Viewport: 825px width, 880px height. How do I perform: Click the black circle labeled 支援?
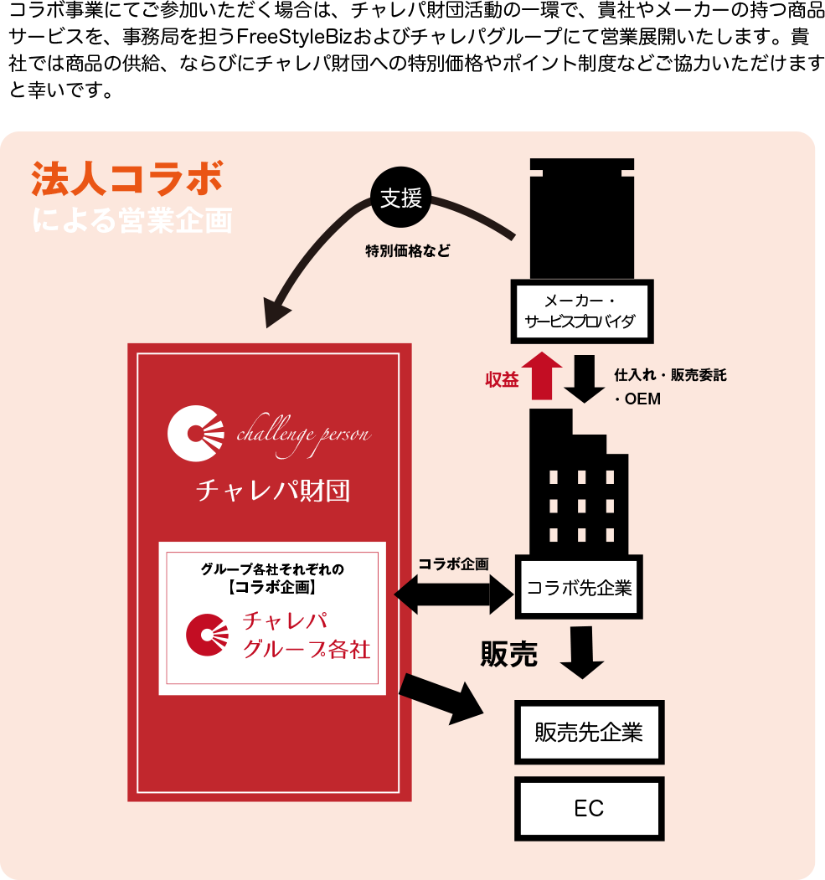click(400, 198)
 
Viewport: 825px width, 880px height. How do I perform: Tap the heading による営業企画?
click(131, 220)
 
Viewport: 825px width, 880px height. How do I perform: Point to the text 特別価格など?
click(407, 250)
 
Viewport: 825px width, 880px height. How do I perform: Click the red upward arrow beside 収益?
click(541, 375)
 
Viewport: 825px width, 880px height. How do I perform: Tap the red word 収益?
click(502, 379)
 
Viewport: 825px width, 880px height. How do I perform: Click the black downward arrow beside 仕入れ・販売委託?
click(584, 378)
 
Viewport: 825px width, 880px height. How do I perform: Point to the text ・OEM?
click(637, 399)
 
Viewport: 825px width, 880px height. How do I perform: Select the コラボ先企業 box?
click(579, 587)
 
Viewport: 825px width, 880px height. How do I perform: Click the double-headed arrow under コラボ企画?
click(453, 594)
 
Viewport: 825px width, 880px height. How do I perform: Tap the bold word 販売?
click(508, 654)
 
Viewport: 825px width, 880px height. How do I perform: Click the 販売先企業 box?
click(589, 732)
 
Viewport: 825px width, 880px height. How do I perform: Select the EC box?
click(589, 808)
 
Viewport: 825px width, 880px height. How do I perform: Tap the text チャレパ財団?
click(272, 491)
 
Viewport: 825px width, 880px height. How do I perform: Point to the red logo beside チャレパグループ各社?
click(207, 635)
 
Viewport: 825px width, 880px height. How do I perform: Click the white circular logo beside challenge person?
click(196, 433)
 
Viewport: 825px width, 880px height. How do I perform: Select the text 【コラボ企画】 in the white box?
click(272, 587)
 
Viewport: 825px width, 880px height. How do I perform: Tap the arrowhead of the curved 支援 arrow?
click(276, 313)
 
